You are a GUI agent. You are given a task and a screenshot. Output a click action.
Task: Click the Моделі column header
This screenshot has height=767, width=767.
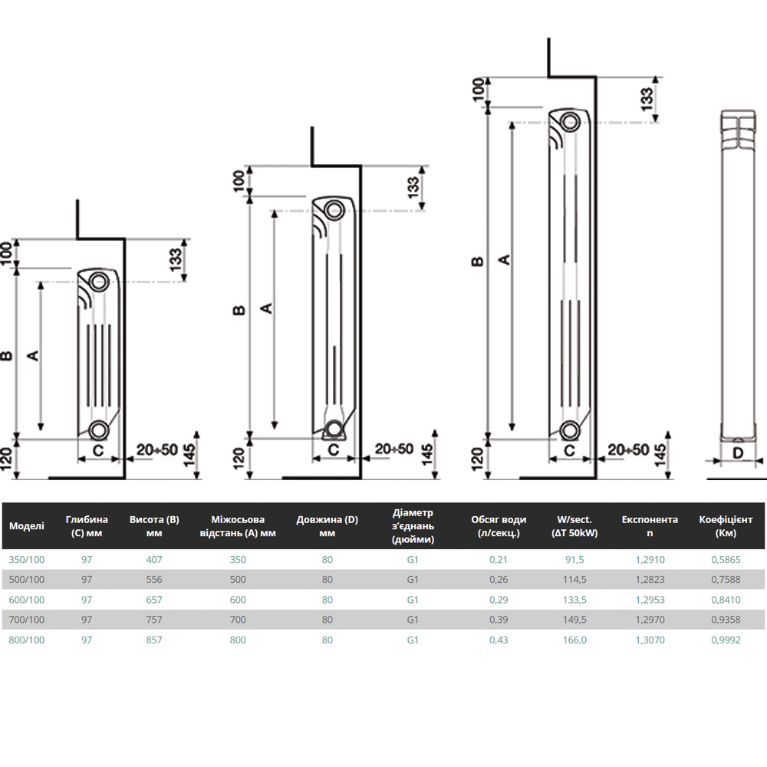26,526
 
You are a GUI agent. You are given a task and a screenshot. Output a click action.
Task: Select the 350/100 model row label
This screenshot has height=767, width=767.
26,560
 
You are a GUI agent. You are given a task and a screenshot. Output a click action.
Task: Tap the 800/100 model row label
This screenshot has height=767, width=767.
26,640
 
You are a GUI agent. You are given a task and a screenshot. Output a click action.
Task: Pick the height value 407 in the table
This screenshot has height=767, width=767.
153,560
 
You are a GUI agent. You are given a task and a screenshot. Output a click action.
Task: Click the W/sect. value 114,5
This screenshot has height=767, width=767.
574,580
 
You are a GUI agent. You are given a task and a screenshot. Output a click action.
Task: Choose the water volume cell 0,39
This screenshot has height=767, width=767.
499,620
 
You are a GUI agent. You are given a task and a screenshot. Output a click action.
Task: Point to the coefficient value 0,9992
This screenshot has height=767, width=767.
726,640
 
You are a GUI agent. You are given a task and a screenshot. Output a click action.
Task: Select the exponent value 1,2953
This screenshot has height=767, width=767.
650,600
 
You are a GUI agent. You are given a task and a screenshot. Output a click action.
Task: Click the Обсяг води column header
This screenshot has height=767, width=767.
499,526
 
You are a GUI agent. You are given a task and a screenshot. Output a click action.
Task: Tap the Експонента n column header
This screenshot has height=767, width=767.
650,526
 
